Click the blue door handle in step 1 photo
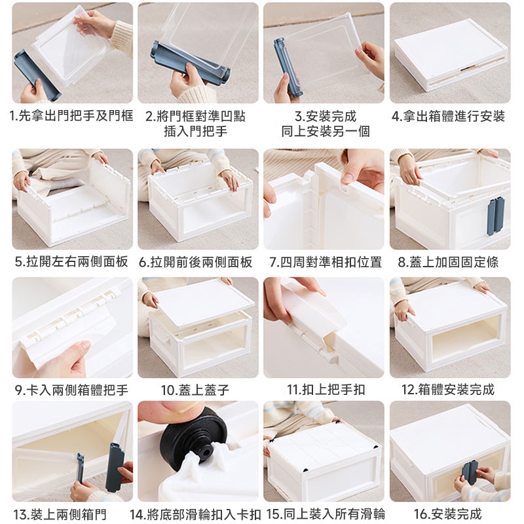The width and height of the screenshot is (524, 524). coord(37,75)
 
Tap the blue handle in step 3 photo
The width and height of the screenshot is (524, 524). coord(288,68)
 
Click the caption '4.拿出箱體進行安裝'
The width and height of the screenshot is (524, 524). coord(448,117)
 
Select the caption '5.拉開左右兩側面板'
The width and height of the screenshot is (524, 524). coord(71,261)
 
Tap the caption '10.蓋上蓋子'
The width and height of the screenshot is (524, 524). coord(195,390)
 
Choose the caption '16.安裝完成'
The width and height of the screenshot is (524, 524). coord(447,514)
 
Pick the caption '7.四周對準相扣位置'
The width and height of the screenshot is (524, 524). coord(326,261)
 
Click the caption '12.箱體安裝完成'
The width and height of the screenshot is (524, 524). coord(447,390)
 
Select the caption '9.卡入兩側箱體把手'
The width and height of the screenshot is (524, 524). coord(71,390)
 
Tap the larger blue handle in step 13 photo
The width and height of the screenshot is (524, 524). coord(115,467)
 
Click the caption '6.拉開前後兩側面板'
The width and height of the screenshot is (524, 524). coord(195,261)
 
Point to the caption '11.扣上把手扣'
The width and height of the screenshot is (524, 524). coord(326,390)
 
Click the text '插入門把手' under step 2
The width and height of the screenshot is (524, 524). coord(195,131)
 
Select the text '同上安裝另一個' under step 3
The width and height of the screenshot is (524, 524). coord(326,131)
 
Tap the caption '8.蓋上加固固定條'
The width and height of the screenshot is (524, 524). coord(448,261)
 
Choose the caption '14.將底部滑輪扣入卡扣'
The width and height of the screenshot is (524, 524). coord(195,514)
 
